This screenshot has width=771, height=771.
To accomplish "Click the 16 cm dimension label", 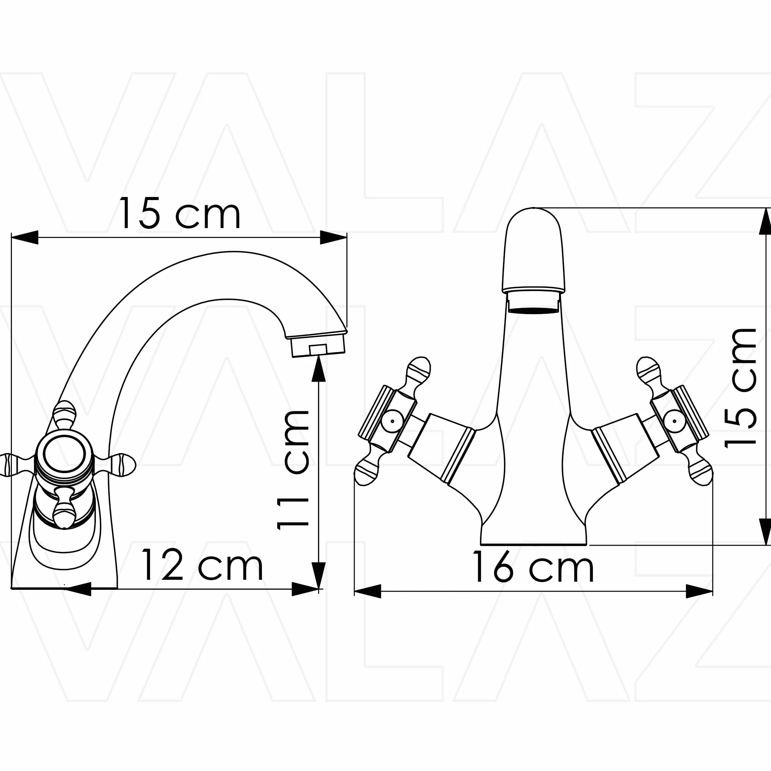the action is click(x=533, y=566).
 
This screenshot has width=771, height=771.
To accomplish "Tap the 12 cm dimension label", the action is click(x=202, y=565).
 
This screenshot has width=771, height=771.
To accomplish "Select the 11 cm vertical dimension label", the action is click(x=294, y=470).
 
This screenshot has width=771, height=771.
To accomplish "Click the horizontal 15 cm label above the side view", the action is click(x=180, y=213).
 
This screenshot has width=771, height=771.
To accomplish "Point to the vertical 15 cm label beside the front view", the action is click(x=741, y=388).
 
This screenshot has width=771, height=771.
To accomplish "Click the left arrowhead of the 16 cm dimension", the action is click(x=367, y=591).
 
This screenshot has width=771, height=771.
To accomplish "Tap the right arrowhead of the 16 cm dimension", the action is click(x=699, y=591).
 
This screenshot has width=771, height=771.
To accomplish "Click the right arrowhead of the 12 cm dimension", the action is click(x=305, y=589).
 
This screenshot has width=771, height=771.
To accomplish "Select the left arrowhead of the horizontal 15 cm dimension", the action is click(x=25, y=237).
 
